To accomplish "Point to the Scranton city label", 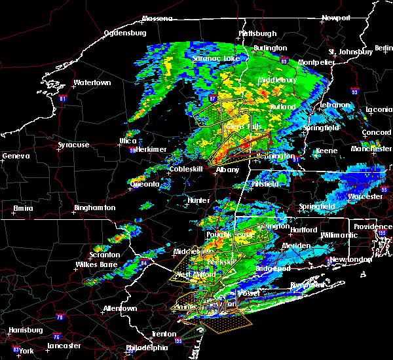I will click(x=105, y=255).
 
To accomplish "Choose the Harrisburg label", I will click(x=23, y=329).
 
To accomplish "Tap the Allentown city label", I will click(x=123, y=308).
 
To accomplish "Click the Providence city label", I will click(x=373, y=226).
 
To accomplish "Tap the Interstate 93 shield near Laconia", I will click(x=354, y=92).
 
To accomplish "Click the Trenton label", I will click(x=163, y=334).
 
